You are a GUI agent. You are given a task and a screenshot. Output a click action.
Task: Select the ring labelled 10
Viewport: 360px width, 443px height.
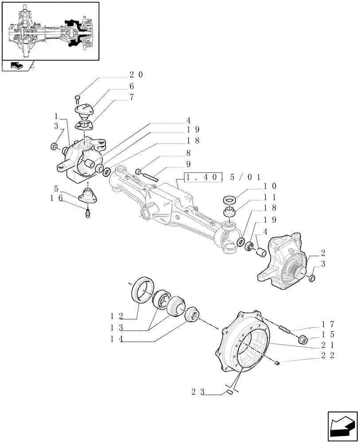pyautogui.click(x=230, y=200)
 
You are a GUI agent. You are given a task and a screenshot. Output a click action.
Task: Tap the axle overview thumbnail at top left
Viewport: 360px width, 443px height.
pyautogui.click(x=50, y=31)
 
